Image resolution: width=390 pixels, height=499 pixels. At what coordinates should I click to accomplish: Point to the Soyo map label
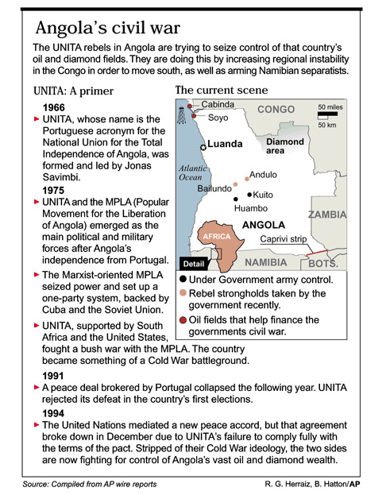pyautogui.click(x=218, y=118)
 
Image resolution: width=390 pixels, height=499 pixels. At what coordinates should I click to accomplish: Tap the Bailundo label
pyautogui.click(x=214, y=188)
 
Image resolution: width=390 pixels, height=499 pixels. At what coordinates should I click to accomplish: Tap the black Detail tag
pyautogui.click(x=194, y=264)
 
